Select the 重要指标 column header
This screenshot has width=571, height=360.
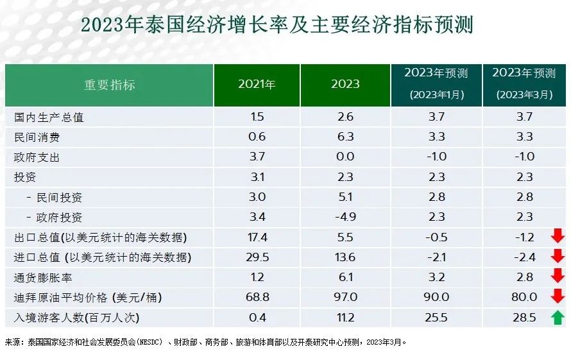pyautogui.click(x=109, y=85)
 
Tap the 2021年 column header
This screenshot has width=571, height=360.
pyautogui.click(x=257, y=85)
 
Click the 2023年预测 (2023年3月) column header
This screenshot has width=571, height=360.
pyautogui.click(x=524, y=85)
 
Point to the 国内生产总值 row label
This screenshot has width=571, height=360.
pyautogui.click(x=49, y=117)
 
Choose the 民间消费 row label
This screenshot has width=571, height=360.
pyautogui.click(x=37, y=137)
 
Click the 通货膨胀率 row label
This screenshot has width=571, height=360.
pyautogui.click(x=43, y=277)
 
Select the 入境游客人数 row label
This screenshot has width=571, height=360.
pyautogui.click(x=76, y=318)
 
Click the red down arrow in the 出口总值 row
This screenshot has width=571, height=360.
pyautogui.click(x=558, y=237)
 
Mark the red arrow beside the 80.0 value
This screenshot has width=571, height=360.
pyautogui.click(x=558, y=297)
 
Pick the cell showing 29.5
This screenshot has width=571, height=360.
pyautogui.click(x=257, y=257)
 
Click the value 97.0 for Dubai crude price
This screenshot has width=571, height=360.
pyautogui.click(x=345, y=298)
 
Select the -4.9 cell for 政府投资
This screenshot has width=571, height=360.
pyautogui.click(x=345, y=218)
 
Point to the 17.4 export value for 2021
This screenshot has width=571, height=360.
pyautogui.click(x=257, y=237)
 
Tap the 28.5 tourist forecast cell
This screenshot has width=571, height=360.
pyautogui.click(x=524, y=318)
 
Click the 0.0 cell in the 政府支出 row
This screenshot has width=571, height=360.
pyautogui.click(x=345, y=157)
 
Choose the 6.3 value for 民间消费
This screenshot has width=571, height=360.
pyautogui.click(x=345, y=137)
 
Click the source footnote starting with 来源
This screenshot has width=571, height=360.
pyautogui.click(x=205, y=342)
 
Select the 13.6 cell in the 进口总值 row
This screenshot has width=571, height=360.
pyautogui.click(x=345, y=257)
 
